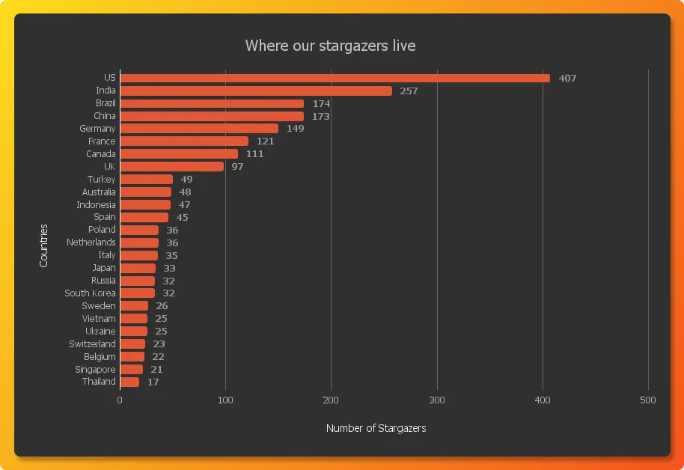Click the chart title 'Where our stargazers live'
coord(330,46)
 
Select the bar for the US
coord(335,78)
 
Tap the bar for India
coord(256,91)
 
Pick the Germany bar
coord(199,129)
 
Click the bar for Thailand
coord(129,382)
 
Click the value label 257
coord(408,91)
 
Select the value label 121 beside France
coord(265,141)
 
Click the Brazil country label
coord(106,103)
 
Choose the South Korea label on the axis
coord(90,293)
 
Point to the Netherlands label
coord(91,242)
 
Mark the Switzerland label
coord(92,344)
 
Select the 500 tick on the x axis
coord(648,400)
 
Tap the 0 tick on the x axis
coord(120,400)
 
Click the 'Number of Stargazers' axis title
coord(376,428)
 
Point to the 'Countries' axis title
coord(43,245)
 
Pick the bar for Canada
coord(179,154)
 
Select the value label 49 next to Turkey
coord(186,180)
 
